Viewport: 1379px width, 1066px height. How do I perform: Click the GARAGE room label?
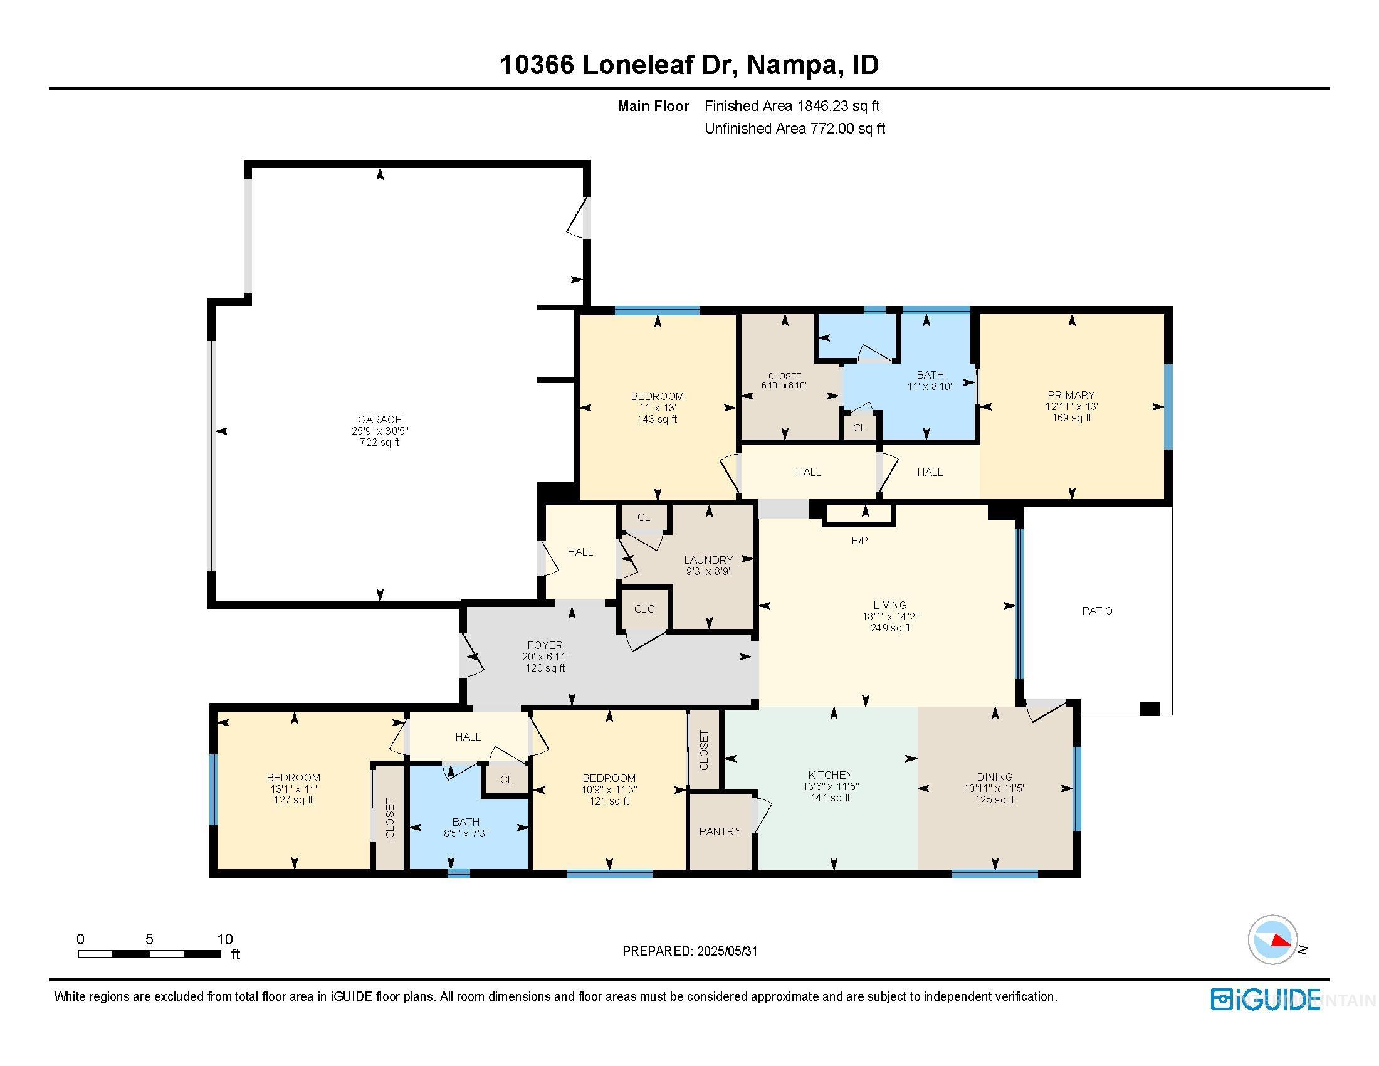(x=379, y=420)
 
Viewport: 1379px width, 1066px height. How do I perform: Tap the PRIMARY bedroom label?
(x=1071, y=395)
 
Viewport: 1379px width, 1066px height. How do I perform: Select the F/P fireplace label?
(x=859, y=541)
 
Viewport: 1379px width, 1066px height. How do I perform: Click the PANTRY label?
(x=720, y=831)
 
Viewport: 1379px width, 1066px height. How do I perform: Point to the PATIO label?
(x=1098, y=611)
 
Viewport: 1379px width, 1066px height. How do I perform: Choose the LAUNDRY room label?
(x=708, y=560)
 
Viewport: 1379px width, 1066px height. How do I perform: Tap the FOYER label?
(x=545, y=645)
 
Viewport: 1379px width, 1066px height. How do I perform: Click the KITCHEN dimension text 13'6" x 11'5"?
(x=831, y=787)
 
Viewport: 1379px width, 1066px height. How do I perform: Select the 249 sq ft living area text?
(x=890, y=628)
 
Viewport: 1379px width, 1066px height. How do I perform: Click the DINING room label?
(x=995, y=777)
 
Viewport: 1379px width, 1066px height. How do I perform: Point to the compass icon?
(x=1272, y=940)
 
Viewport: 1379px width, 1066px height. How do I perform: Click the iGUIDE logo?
(x=1266, y=1000)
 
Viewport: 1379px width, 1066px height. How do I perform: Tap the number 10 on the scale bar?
(x=225, y=939)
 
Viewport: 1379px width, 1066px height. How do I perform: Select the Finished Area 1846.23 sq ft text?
(x=792, y=106)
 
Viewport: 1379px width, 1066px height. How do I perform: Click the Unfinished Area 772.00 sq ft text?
(x=795, y=129)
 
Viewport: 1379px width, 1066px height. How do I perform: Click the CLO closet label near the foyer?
(x=644, y=610)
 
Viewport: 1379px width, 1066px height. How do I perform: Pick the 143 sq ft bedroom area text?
(x=658, y=420)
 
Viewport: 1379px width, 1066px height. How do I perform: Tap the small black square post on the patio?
(x=1150, y=709)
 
